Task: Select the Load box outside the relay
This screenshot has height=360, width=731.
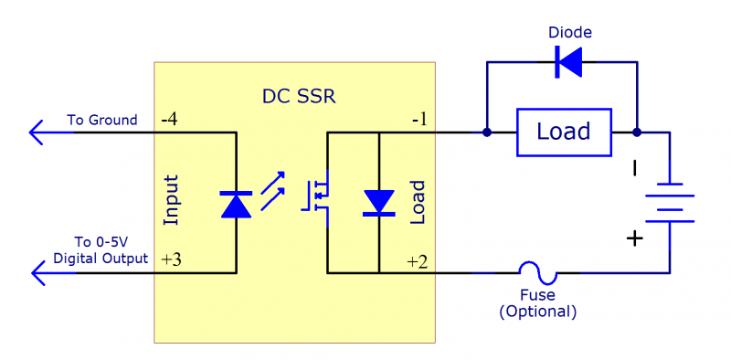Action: coord(563,132)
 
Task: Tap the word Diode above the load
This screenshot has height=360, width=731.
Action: coord(570,33)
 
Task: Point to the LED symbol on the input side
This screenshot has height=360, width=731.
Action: coord(237,204)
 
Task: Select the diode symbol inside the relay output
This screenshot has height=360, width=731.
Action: coord(378,203)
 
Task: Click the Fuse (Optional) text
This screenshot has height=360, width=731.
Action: coord(537,303)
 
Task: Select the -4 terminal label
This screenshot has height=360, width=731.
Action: coord(170,121)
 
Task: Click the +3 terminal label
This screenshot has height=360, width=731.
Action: coord(171,259)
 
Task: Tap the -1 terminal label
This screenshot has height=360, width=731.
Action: coord(418,121)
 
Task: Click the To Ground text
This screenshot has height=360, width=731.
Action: coord(101,120)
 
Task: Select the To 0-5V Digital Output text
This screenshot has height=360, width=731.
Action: coord(100,250)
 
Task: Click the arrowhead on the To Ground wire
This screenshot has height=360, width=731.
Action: coord(38,133)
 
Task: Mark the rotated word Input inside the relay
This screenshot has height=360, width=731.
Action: coord(170,198)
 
